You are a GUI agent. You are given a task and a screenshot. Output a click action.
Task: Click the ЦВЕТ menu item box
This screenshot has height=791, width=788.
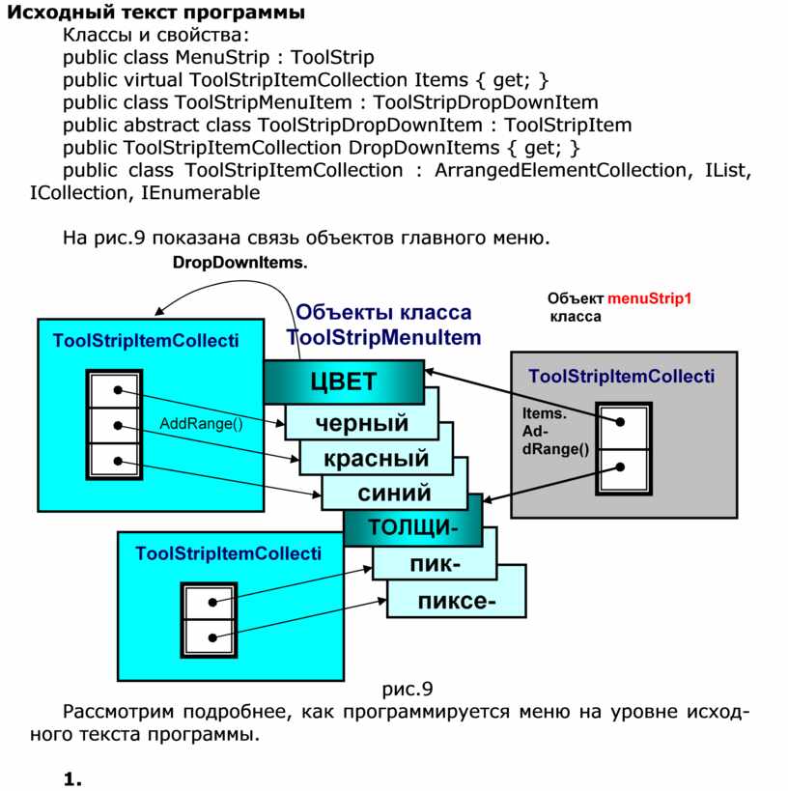pyautogui.click(x=344, y=381)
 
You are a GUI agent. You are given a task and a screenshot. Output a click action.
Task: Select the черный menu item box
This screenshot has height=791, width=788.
pyautogui.click(x=362, y=423)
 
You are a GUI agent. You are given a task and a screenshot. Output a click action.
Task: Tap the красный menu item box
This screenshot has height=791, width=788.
pyautogui.click(x=378, y=458)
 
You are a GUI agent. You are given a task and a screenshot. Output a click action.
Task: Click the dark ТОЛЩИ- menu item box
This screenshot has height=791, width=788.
pyautogui.click(x=411, y=527)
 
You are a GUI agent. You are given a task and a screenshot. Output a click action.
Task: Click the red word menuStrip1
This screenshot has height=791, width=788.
pyautogui.click(x=651, y=298)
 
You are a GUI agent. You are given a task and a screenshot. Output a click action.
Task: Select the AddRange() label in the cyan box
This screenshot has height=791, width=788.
pyautogui.click(x=202, y=424)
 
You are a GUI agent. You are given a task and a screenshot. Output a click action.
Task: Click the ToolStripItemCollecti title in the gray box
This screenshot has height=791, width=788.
pyautogui.click(x=622, y=376)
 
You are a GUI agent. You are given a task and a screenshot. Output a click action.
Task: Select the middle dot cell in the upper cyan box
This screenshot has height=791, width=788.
pyautogui.click(x=116, y=425)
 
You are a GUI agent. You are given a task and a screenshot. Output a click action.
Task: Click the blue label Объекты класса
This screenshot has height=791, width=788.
pyautogui.click(x=384, y=312)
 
